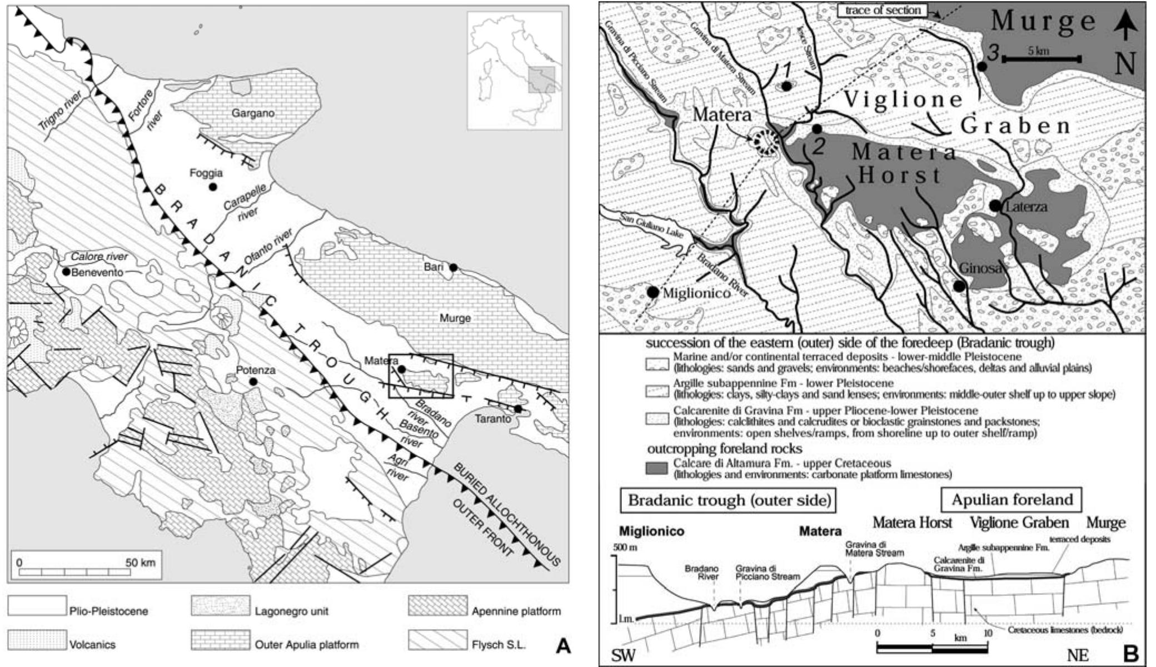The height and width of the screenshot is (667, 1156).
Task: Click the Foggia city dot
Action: pos(212,187)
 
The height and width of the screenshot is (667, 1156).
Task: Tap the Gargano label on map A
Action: pos(253,113)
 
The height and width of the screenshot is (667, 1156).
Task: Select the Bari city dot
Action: pos(453,267)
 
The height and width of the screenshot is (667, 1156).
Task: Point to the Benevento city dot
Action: pos(67,272)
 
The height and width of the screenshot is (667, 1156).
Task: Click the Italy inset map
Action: pos(515,71)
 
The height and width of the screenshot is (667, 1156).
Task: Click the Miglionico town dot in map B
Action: pos(652,292)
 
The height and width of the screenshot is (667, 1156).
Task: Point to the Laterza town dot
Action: pos(995,206)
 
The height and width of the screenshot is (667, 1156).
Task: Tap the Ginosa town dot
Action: pos(959,286)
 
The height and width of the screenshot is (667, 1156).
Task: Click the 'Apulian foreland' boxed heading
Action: pos(1011,499)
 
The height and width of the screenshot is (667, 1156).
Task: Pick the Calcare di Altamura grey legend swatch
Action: pos(656,468)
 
